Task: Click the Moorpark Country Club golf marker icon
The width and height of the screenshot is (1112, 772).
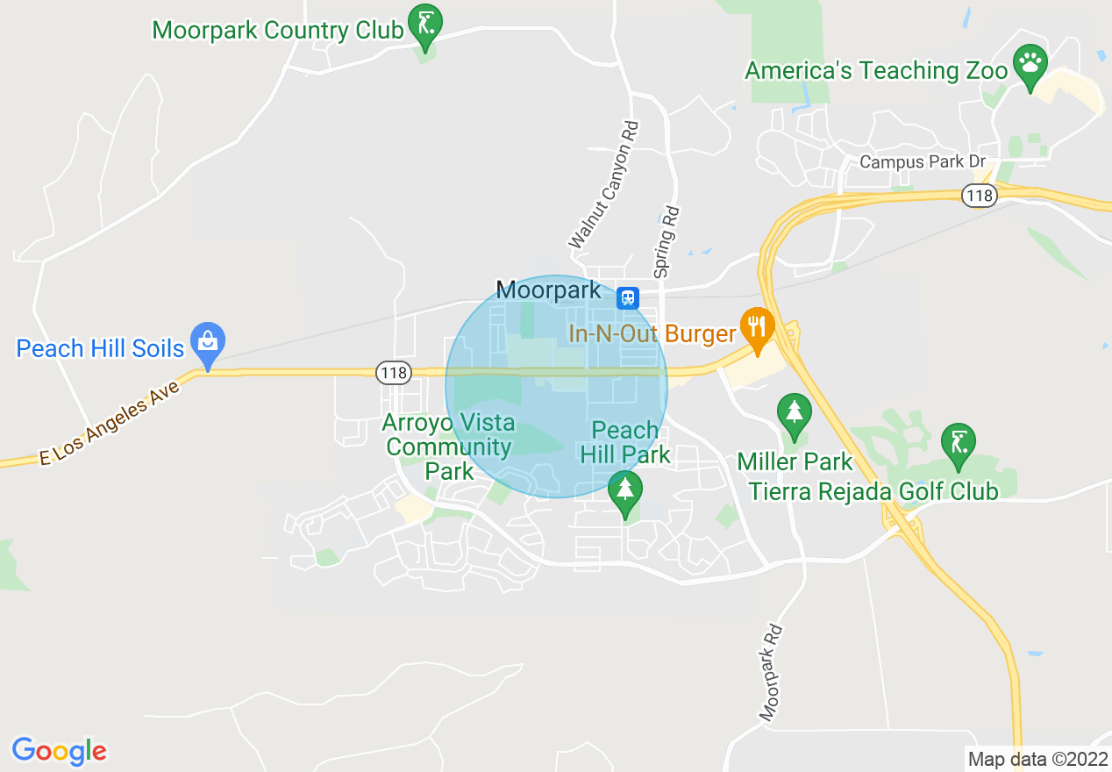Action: point(426,25)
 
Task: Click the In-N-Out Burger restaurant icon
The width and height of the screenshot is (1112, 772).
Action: point(755,326)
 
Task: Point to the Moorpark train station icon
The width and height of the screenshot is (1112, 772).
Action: point(627,297)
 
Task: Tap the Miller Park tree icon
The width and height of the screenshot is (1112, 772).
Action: point(794,413)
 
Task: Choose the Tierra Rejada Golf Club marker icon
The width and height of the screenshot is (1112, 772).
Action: point(959,443)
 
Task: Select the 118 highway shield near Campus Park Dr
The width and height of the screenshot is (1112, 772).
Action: point(979,196)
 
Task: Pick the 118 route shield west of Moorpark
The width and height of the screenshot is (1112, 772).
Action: point(395,373)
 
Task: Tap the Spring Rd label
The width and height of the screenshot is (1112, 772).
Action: point(666,242)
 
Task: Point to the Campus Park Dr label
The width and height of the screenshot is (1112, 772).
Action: point(923,162)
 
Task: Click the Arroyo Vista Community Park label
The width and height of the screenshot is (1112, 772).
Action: point(450,447)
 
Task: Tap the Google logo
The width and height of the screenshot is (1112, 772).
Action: point(60,751)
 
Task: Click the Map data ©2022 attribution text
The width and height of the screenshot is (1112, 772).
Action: point(1037,759)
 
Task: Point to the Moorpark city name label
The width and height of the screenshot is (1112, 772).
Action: point(549,290)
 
